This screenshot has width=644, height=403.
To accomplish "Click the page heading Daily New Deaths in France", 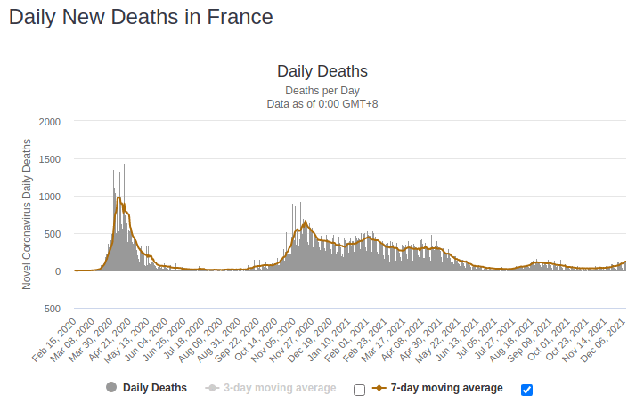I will coord(141,17).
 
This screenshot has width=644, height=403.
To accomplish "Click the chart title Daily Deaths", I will coord(322,71).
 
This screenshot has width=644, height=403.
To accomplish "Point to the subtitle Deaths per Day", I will coord(322,91).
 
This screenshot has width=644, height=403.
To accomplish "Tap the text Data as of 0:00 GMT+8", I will coord(322,104).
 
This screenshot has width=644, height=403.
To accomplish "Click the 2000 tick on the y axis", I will coord(50,121).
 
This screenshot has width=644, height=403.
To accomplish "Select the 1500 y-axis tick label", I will coord(50,159).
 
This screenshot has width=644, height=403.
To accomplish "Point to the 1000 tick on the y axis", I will coord(50,197).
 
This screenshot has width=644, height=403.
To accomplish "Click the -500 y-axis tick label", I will coord(49,309).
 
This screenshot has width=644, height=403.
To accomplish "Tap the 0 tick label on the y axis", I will coord(57,271).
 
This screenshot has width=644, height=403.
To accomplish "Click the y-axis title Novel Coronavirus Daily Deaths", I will coord(27,214).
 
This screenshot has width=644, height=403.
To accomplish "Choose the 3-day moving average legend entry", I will coord(280,388).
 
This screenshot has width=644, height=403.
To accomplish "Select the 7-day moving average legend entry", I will coord(446,388).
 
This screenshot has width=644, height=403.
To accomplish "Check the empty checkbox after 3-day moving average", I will coord(359,390).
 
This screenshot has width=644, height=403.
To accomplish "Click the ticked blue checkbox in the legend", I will coord(526,390).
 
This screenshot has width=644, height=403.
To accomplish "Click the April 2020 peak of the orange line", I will coord(118,198).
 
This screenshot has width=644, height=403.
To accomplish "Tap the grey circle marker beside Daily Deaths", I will coord(111,388).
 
